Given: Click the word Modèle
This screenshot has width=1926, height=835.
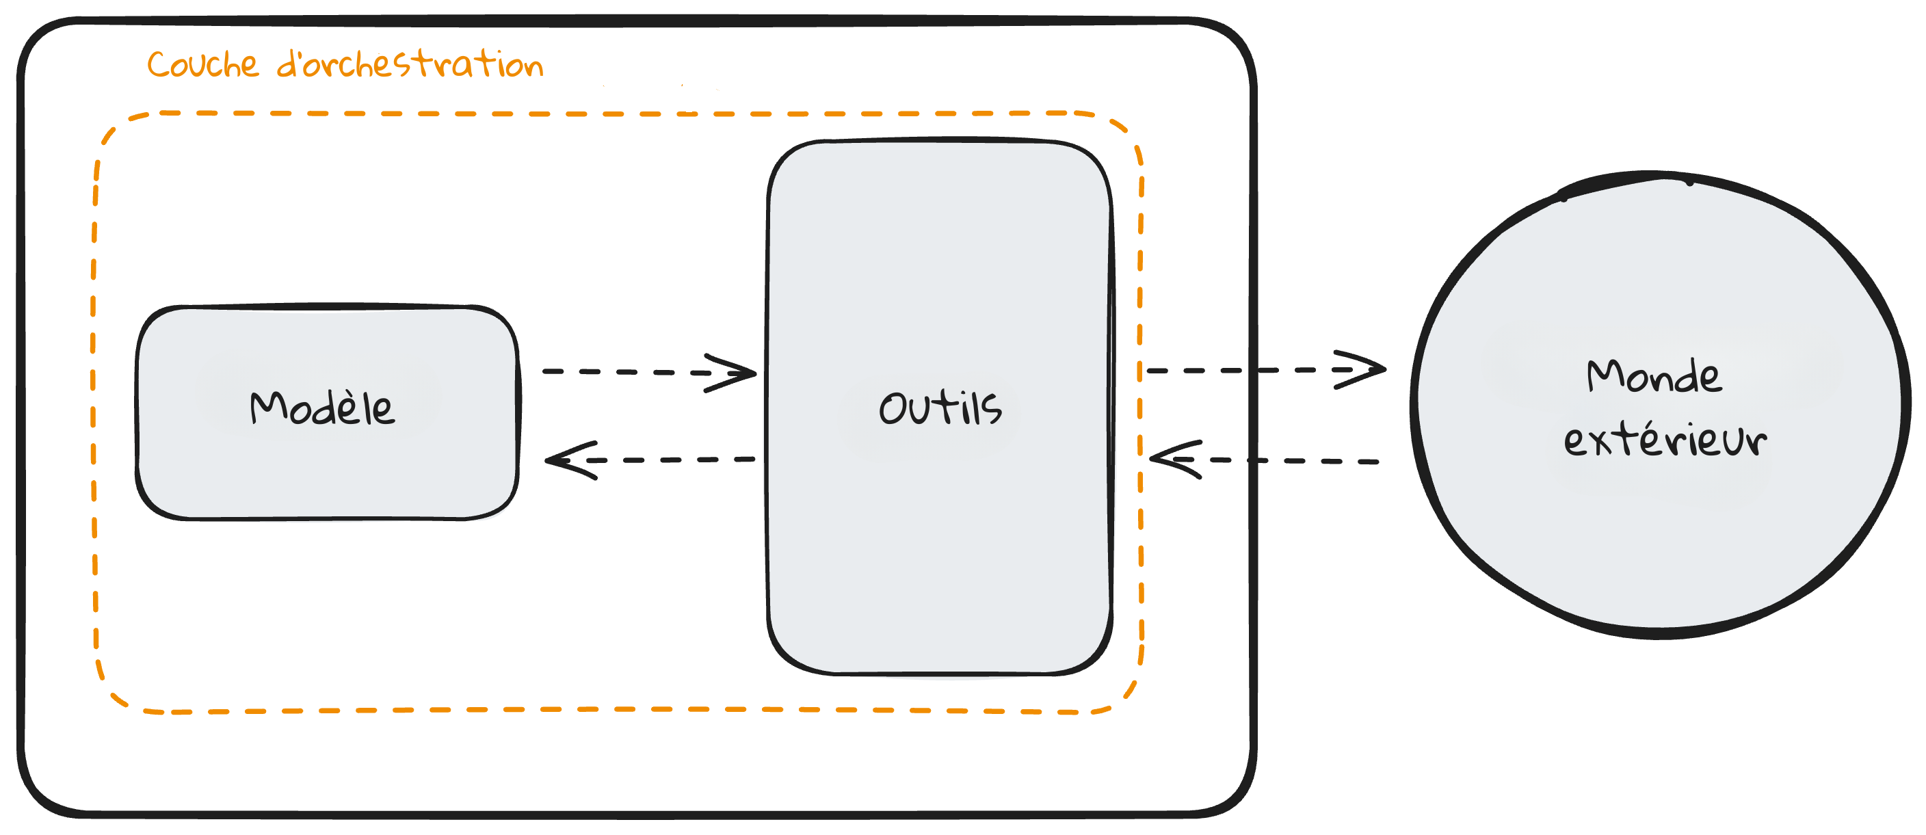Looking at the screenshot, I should click(321, 408).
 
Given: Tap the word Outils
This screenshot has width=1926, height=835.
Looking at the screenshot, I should click(940, 408).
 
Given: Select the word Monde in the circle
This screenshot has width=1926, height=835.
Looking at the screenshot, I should click(1653, 376).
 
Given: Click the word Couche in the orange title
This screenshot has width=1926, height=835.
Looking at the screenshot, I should click(202, 64).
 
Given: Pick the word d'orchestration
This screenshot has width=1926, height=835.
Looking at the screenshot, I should click(410, 64).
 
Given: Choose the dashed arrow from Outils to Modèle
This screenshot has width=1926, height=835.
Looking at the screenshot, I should click(673, 460).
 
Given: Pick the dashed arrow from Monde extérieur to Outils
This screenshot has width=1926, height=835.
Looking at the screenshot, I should click(1293, 461).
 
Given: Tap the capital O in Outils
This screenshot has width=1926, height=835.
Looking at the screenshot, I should click(892, 410).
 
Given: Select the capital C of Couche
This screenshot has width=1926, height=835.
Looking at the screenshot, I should click(159, 65).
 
